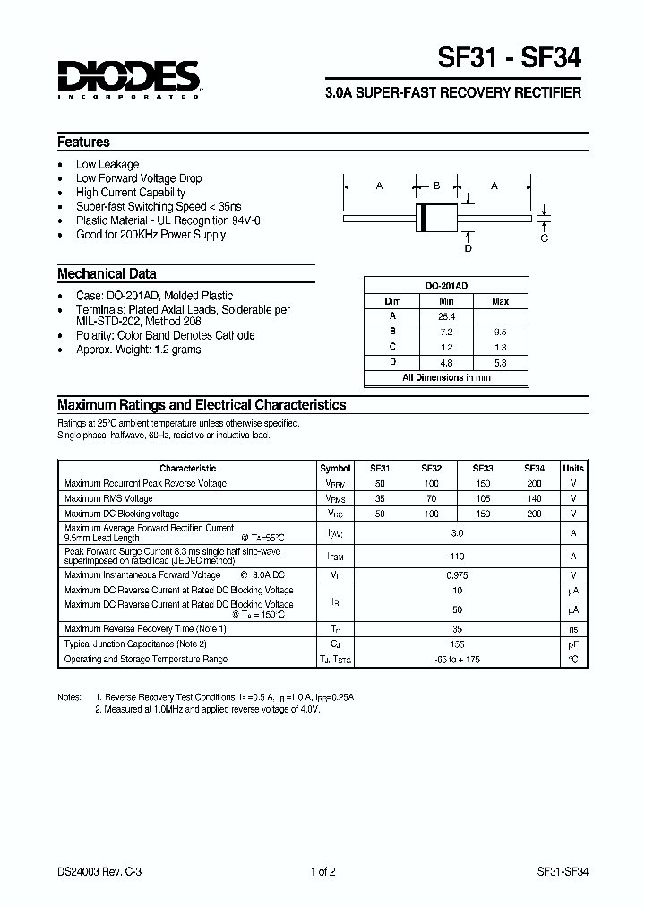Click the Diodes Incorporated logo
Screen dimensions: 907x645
[x=129, y=78]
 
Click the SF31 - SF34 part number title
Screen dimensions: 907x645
[x=509, y=58]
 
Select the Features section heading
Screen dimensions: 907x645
[x=83, y=142]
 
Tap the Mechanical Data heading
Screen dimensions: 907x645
[x=107, y=274]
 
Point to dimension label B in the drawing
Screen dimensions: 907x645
[x=436, y=186]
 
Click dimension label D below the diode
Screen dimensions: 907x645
[x=468, y=248]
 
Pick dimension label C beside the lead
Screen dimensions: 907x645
[x=544, y=238]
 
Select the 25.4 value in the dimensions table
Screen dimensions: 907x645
[x=447, y=316]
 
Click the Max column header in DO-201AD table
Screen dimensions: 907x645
[x=501, y=302]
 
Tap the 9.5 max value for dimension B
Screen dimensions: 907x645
[x=501, y=332]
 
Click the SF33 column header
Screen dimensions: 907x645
[x=483, y=468]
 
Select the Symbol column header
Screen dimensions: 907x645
[x=335, y=468]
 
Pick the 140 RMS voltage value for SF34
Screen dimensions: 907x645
[x=535, y=498]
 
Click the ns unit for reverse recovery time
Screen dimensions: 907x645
[x=573, y=629]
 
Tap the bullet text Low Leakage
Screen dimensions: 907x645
[x=107, y=164]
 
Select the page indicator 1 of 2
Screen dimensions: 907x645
[x=322, y=871]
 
